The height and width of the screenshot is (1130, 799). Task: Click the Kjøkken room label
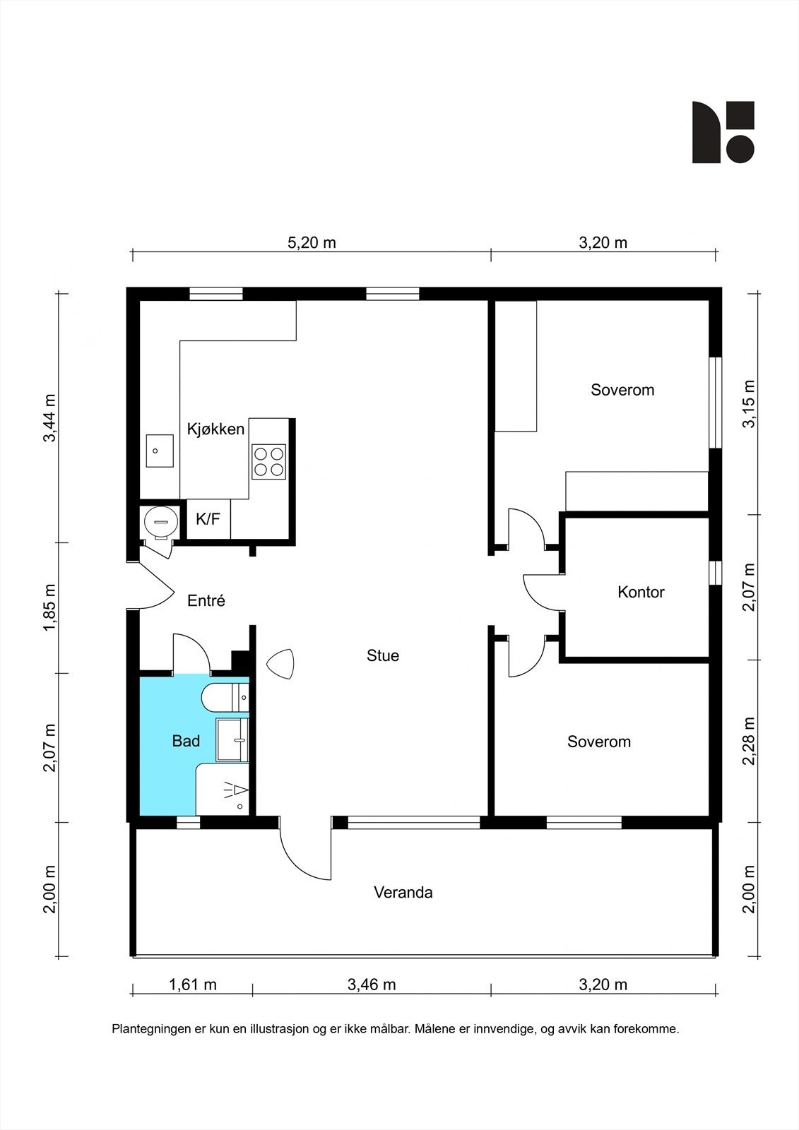(x=215, y=429)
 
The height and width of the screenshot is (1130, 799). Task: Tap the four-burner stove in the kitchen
(x=269, y=461)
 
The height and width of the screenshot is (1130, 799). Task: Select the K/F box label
(x=208, y=519)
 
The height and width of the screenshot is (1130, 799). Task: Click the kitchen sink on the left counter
(x=160, y=451)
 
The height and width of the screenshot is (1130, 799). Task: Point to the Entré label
(x=206, y=601)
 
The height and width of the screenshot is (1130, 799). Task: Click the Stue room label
(x=383, y=655)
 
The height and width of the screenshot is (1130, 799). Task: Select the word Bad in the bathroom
(x=186, y=741)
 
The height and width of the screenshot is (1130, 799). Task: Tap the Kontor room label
(x=641, y=592)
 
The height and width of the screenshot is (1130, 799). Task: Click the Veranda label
(x=403, y=892)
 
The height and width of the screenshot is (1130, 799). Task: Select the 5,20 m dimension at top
(x=312, y=243)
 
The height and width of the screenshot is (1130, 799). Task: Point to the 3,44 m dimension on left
(x=49, y=418)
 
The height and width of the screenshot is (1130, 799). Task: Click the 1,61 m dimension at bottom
(x=193, y=985)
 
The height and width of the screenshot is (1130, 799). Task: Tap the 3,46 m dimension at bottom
(x=372, y=985)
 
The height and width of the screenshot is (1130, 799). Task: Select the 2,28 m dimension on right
(x=749, y=741)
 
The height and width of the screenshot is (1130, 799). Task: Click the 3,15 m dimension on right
(x=749, y=404)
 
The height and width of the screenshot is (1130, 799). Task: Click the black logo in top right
(x=723, y=132)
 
